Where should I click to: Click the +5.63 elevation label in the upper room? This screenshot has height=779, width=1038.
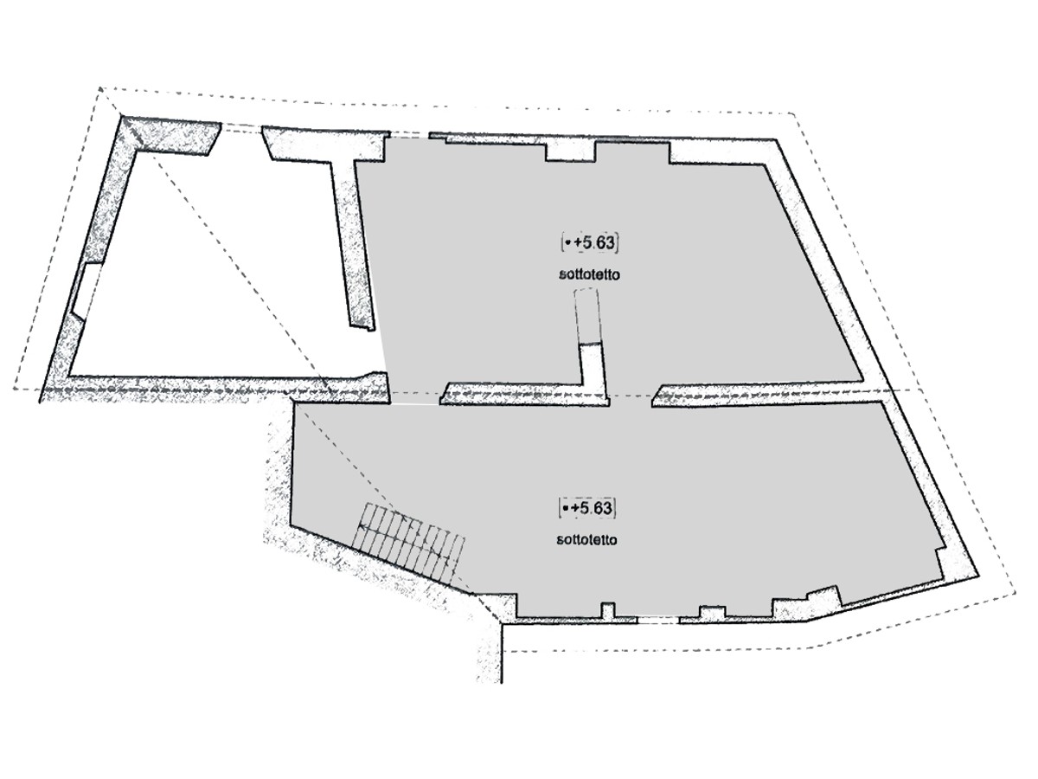coord(589,243)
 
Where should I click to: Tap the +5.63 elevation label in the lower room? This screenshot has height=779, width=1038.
coord(586,508)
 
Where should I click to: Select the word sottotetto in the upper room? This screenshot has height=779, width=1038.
coord(589,274)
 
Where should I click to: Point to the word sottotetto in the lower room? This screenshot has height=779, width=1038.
coord(586,539)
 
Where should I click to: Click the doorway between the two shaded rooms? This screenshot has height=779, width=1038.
coord(631,396)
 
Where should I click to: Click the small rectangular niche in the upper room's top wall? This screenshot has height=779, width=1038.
coord(570,151)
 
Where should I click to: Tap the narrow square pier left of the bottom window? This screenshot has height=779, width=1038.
coord(608,610)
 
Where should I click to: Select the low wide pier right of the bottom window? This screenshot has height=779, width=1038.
coord(712,613)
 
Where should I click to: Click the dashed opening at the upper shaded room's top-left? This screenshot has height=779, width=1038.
coord(409,136)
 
